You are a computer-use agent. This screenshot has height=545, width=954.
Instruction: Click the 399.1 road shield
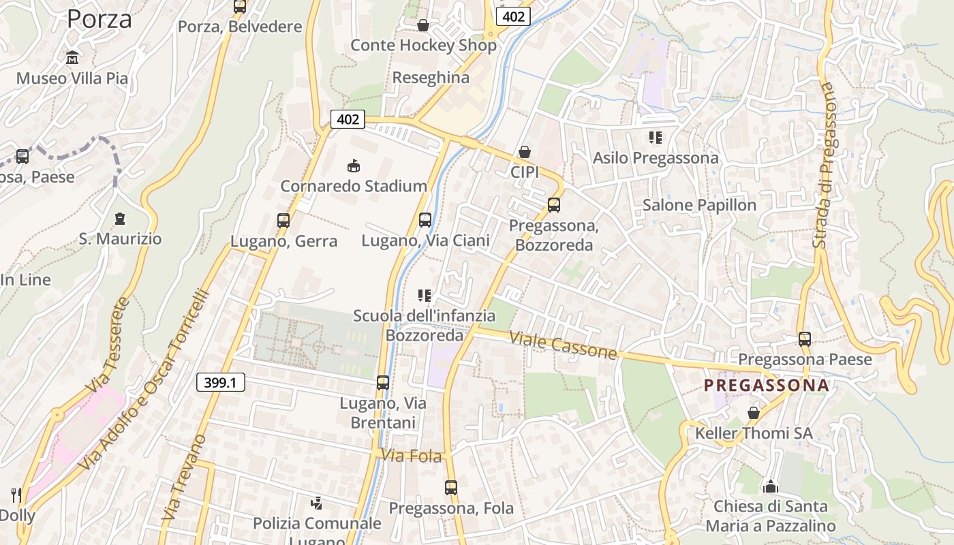[x=220, y=382]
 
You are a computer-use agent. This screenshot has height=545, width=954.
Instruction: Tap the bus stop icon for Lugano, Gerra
[x=283, y=221]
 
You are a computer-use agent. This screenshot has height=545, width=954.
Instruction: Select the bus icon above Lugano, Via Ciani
[x=425, y=220]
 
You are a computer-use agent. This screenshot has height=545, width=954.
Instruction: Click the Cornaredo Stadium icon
[x=354, y=166]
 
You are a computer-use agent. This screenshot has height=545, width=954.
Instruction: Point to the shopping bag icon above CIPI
[x=525, y=152]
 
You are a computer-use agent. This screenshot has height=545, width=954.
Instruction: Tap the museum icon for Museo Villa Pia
[x=72, y=58]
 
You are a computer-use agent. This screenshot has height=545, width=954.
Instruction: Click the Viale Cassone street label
[x=563, y=345]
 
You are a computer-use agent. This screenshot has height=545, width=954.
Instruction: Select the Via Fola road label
[x=412, y=456]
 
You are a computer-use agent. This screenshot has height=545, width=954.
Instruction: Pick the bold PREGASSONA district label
[x=766, y=386]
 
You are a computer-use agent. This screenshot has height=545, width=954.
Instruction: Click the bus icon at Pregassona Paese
[x=805, y=339]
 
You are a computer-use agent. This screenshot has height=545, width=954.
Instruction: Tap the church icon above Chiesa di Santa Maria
[x=771, y=486]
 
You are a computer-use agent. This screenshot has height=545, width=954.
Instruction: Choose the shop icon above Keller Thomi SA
[x=754, y=413]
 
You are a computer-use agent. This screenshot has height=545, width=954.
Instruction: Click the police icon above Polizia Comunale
[x=316, y=504]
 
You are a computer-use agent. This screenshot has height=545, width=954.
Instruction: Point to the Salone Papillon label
[x=699, y=205]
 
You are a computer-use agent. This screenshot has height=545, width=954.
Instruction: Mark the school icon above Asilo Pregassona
[x=656, y=138]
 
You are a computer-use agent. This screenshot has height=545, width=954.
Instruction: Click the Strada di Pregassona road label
[x=823, y=166]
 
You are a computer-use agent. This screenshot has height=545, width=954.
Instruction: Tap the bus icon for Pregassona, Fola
[x=451, y=488]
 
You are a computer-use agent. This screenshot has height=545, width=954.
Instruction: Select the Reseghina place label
[x=431, y=78]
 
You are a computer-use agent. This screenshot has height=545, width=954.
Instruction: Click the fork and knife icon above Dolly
[x=16, y=495]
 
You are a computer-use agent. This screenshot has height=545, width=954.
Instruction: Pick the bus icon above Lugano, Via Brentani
[x=383, y=383]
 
